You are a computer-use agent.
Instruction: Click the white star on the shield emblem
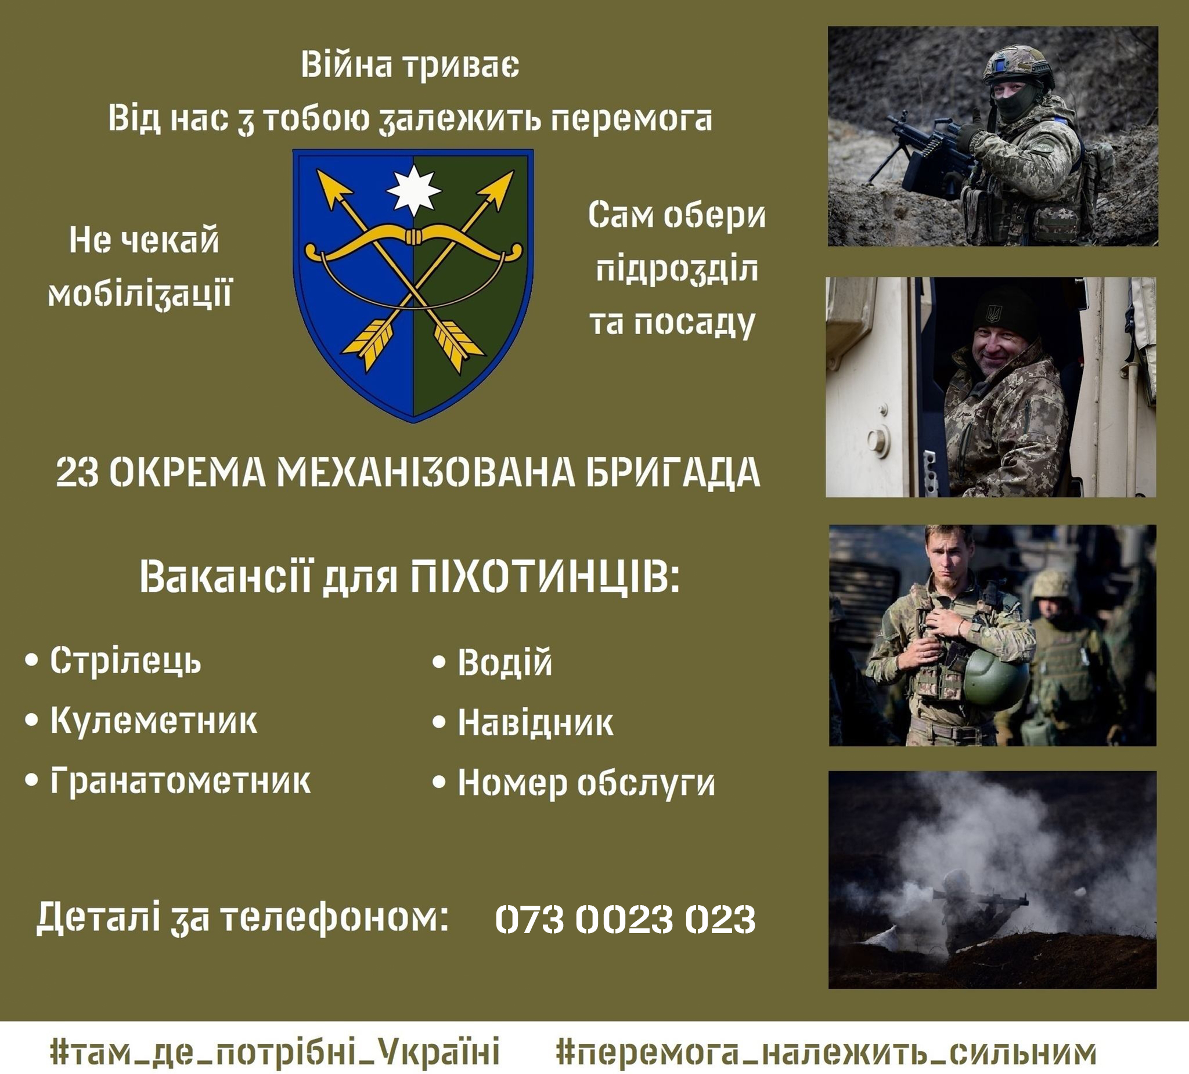click(413, 190)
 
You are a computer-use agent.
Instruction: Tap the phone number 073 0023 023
click(625, 919)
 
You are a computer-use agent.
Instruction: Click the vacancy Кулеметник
click(153, 720)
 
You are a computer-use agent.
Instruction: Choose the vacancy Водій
click(505, 662)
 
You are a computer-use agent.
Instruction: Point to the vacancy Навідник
click(535, 723)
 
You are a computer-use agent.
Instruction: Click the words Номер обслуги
click(586, 784)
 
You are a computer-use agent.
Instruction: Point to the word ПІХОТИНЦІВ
click(545, 577)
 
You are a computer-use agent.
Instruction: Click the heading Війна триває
click(410, 64)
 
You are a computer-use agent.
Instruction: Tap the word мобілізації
click(140, 294)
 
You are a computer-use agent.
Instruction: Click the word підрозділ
click(676, 270)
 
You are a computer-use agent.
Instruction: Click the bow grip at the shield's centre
click(413, 237)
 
